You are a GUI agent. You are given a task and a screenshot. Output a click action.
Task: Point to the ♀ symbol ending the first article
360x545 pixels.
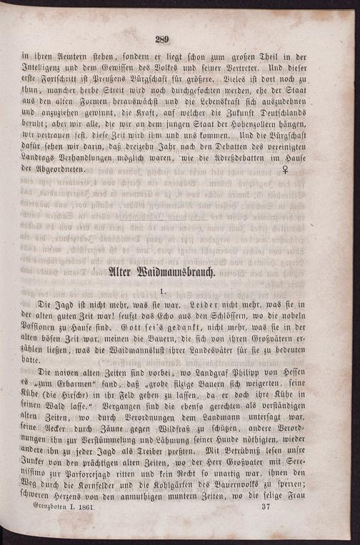286,170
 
